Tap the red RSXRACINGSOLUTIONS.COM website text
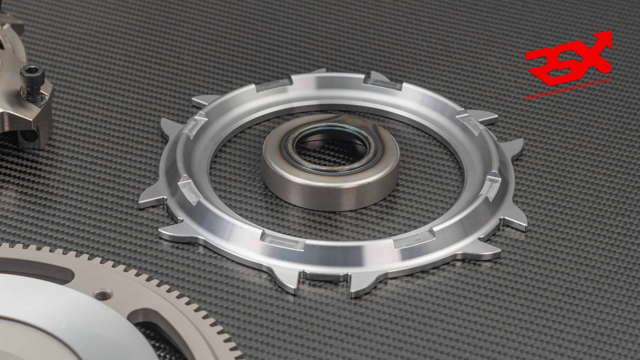pyautogui.click(x=569, y=90)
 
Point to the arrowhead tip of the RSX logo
pyautogui.click(x=609, y=34)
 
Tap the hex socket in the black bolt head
pyautogui.click(x=33, y=71)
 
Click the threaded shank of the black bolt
pyautogui.click(x=34, y=93)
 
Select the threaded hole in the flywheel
pyautogui.click(x=103, y=295)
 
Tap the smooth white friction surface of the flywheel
pyautogui.click(x=53, y=319)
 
